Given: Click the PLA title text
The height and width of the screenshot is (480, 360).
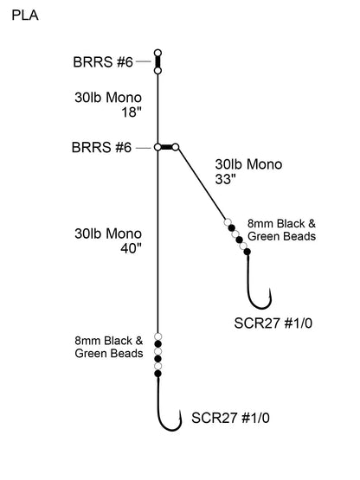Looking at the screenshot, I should tap(25, 15).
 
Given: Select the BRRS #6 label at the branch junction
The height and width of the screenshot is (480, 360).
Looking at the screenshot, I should tap(103, 148).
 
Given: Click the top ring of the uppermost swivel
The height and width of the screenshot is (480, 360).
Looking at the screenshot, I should tap(158, 53).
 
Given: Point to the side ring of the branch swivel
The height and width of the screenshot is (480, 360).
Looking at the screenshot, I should tap(177, 148).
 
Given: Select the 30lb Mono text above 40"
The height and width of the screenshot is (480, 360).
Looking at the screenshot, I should tap(108, 234).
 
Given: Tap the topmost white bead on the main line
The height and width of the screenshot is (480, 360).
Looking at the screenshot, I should tap(158, 336).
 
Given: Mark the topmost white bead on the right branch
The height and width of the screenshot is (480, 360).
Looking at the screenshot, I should tap(228, 222).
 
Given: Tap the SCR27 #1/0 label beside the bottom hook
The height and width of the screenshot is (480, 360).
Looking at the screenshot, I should tap(228, 419).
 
